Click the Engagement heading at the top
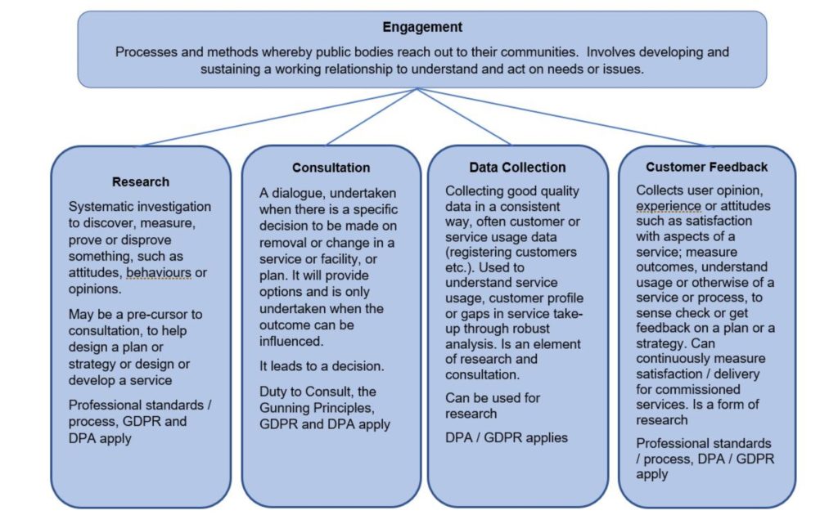click(x=422, y=27)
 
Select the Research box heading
click(x=141, y=181)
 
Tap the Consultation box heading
click(x=331, y=168)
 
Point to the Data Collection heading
click(x=517, y=168)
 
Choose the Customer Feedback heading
click(x=706, y=167)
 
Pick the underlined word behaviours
click(x=156, y=272)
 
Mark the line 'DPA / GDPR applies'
click(x=506, y=437)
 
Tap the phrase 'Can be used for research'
click(x=492, y=406)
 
